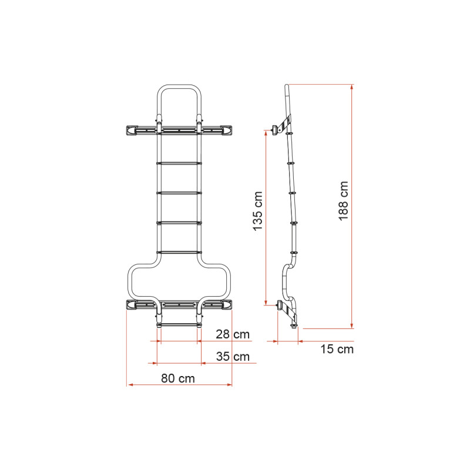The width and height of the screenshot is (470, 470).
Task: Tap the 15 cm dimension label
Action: click(x=337, y=350)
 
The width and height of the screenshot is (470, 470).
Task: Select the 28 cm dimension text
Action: click(x=232, y=334)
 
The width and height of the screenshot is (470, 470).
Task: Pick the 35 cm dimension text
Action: click(x=232, y=357)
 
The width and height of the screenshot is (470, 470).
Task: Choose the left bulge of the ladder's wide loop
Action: click(x=131, y=282)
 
